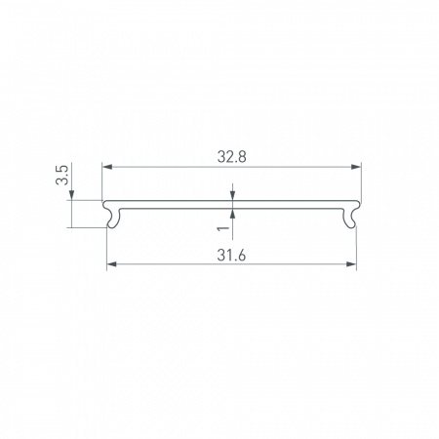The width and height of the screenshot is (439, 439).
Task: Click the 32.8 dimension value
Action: (231, 153)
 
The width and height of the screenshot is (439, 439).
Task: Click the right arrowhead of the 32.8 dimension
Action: (358, 167)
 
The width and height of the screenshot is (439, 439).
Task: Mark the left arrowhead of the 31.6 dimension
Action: (110, 263)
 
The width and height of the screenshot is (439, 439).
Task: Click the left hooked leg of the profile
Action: (112, 219)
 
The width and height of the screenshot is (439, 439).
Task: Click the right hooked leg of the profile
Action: (351, 219)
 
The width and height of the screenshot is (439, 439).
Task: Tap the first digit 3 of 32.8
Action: (219, 153)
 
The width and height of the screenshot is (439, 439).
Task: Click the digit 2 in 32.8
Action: (228, 153)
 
